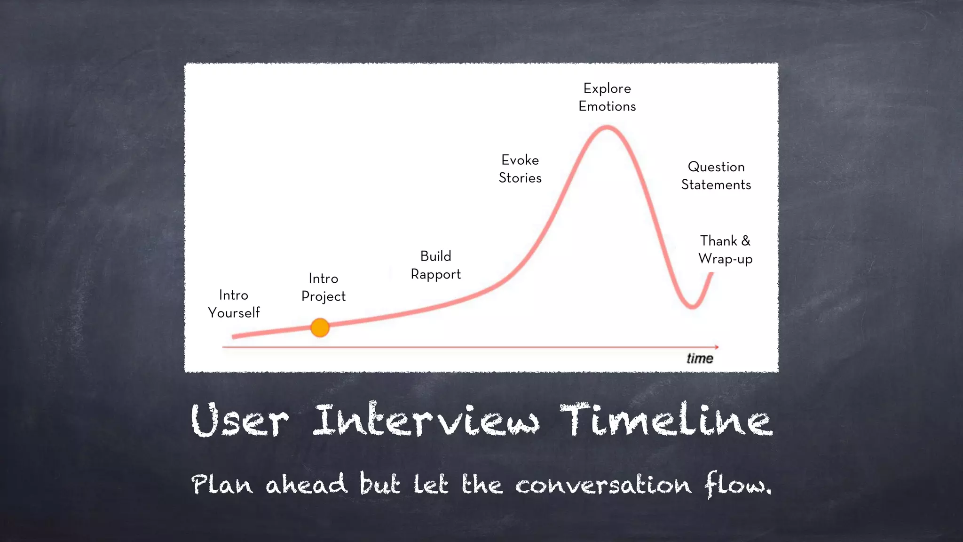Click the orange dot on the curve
tap(320, 327)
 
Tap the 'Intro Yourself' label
tap(234, 304)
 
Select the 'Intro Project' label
tap(324, 287)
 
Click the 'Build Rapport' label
tap(435, 265)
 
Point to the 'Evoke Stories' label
tap(520, 169)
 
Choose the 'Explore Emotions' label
tap(607, 97)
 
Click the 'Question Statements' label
tap(716, 175)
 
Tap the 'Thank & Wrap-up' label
tap(725, 250)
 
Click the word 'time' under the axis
tap(700, 359)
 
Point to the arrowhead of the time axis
tap(716, 347)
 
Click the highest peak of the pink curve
tap(607, 127)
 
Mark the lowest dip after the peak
tap(692, 307)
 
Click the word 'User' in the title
tap(239, 420)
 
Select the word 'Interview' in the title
tap(426, 420)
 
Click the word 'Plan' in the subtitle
tap(222, 485)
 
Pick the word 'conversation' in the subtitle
tap(603, 485)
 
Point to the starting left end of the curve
tap(234, 336)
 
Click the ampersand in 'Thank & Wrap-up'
tap(746, 241)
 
